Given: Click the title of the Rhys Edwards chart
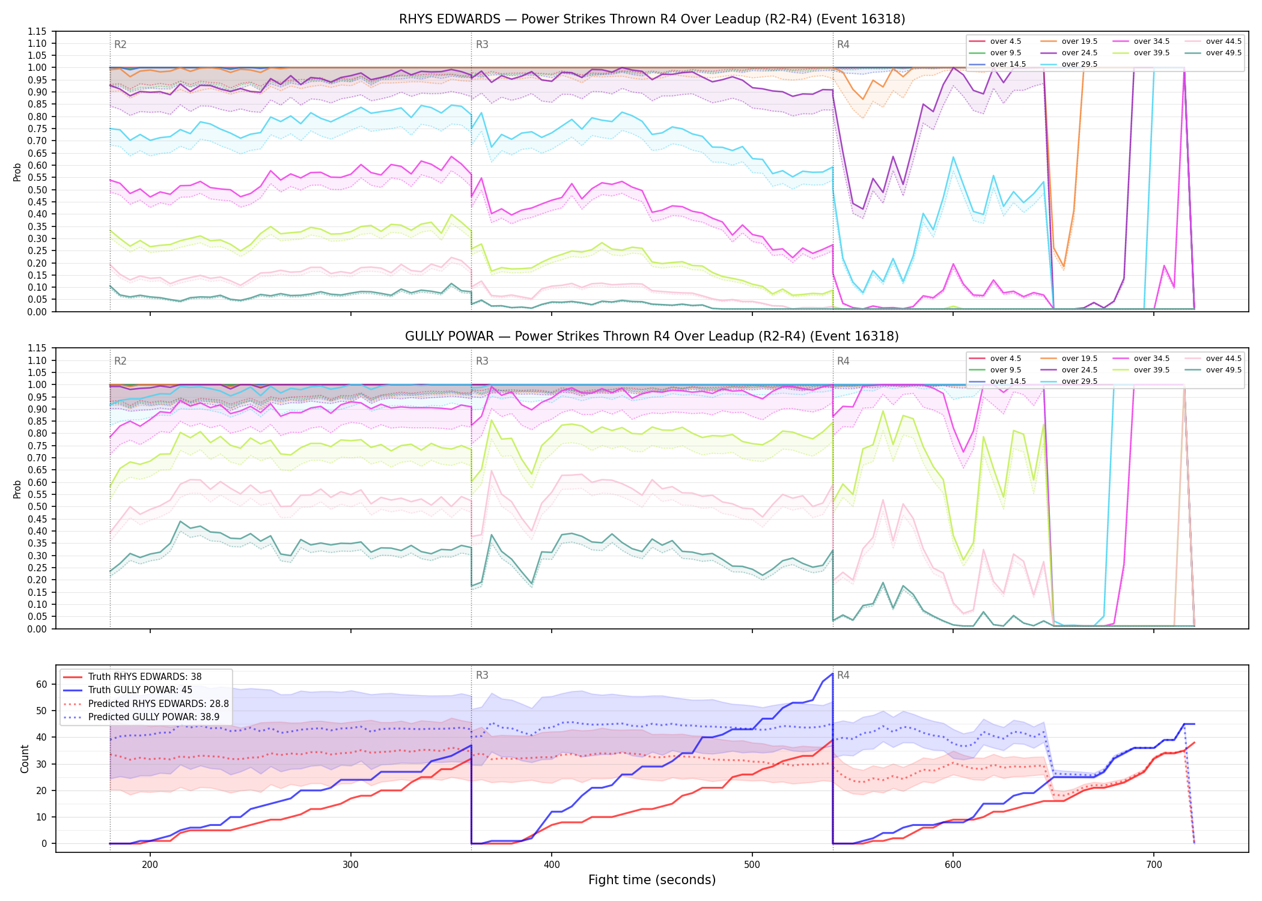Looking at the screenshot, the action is coord(652,19).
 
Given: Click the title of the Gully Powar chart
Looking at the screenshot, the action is coord(652,336).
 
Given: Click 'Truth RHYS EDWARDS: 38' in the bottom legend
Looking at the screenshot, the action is coord(145,676).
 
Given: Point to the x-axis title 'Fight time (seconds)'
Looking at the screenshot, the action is coord(652,880).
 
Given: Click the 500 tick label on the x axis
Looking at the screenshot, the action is coord(752,864).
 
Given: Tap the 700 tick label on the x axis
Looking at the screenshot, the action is coord(1153,864).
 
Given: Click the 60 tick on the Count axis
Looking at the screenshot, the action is coord(41,684).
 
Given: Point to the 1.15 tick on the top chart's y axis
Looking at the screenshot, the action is coord(37,31).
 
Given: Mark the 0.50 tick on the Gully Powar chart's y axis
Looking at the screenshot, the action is coord(37,506).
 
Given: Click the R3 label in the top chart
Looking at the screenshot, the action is coord(482,44).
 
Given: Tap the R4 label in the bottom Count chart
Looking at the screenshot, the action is coord(843,675).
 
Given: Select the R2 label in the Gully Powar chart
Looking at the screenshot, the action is coord(120,361).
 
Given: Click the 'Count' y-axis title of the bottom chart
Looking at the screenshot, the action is coord(25,759).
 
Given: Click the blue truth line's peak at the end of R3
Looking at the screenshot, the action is coord(832,674).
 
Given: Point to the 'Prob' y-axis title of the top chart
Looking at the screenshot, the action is coord(17,172).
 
